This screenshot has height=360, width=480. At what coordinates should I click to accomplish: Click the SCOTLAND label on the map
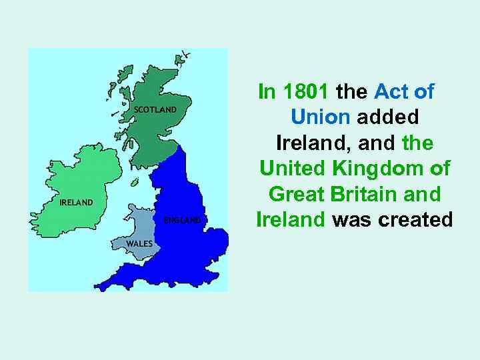155,109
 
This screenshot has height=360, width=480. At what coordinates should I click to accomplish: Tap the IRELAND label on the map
76,203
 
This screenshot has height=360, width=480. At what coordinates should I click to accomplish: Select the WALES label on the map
139,244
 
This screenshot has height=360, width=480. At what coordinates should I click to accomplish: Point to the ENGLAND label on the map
182,220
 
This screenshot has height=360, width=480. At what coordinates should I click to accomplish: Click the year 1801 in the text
305,91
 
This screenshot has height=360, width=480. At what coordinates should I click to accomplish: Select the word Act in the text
391,91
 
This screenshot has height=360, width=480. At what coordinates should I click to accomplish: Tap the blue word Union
320,117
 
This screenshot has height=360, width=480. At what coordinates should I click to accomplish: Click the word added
387,117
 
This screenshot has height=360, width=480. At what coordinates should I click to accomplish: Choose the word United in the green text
292,168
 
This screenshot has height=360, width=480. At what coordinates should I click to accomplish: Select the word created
415,219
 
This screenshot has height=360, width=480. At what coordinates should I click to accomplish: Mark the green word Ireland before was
291,219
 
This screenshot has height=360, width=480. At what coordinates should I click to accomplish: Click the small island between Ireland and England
134,183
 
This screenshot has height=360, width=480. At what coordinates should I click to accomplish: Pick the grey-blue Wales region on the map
138,233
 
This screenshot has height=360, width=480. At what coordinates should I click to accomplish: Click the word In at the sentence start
267,91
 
